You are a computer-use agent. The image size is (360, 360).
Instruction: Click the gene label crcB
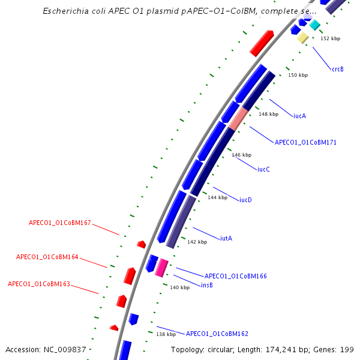(338, 69)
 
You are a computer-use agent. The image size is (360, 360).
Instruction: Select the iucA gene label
(299, 116)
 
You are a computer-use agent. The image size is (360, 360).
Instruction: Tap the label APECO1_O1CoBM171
(305, 143)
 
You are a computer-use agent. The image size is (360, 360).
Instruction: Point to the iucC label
(263, 169)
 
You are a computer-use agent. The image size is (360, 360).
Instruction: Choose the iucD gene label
(245, 200)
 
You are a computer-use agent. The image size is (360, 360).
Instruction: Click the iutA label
(226, 238)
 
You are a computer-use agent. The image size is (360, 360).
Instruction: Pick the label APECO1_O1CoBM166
(236, 276)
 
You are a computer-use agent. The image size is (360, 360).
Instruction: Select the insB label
(207, 285)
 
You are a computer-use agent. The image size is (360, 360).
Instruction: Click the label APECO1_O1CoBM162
(217, 334)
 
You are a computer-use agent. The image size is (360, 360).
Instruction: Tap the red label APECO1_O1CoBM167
(60, 223)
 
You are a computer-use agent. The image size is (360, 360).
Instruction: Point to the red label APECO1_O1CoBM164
(47, 257)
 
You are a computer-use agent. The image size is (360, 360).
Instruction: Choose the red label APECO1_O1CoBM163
(39, 284)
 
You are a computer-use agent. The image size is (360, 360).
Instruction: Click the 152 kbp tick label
(330, 38)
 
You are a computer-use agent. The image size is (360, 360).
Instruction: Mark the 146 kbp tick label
(241, 155)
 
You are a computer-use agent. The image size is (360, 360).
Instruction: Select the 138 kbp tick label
(166, 334)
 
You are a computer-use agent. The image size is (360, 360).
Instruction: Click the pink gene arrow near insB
(161, 268)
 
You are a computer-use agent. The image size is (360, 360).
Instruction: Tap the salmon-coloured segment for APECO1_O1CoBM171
(238, 119)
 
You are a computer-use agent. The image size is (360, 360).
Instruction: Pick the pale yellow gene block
(303, 38)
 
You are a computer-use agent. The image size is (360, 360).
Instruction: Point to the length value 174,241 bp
(287, 349)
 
